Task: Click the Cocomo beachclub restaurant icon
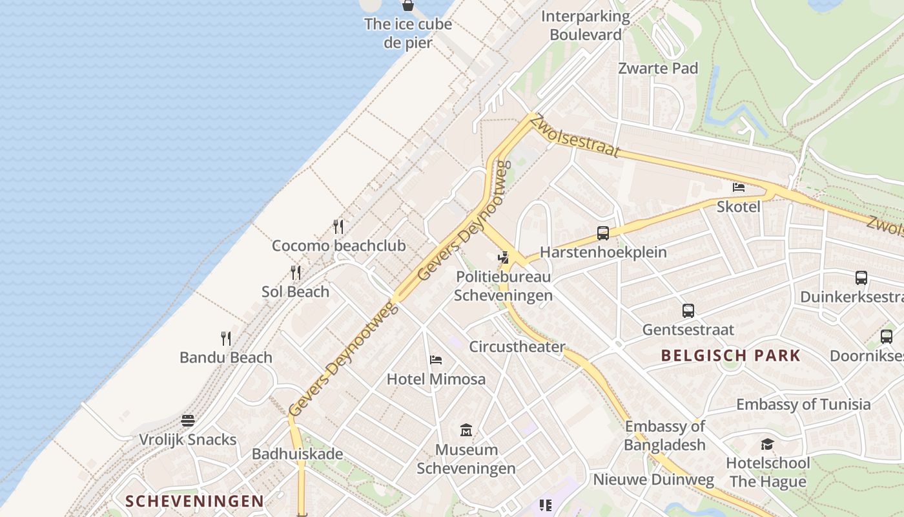coord(338,226)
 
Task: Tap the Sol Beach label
coord(295,291)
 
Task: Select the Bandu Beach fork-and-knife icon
coord(226,338)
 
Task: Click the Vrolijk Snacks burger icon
coord(188,421)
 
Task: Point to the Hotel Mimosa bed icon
coord(436,359)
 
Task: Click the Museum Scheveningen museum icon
coord(466,430)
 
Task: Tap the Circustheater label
coord(517,346)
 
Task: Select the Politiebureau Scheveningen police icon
coord(504,258)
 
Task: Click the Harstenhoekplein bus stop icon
coord(603,233)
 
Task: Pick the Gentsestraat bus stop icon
coord(688,311)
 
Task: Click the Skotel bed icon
coord(739,188)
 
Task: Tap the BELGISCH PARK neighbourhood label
coord(731,355)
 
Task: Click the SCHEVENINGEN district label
coord(194,501)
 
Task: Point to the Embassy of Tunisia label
coord(803,405)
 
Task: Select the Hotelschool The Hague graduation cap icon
coord(767,444)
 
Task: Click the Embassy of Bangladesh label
coord(665,436)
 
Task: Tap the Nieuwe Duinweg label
coord(653,480)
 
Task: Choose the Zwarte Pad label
coord(658,69)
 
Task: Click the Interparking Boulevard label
coord(586,25)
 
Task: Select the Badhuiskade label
coord(297,454)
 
